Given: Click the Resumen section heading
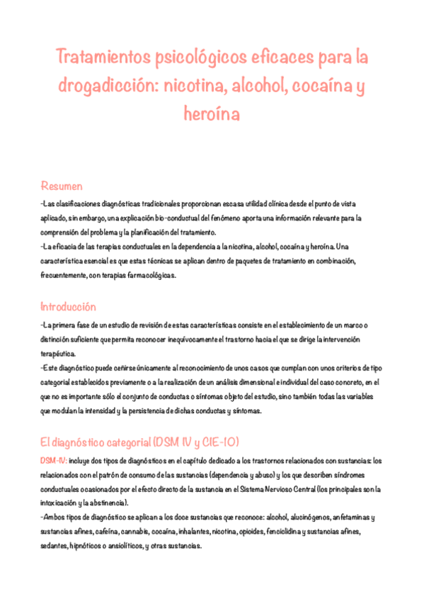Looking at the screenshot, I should point(62,186).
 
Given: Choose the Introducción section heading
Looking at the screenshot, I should point(68,307).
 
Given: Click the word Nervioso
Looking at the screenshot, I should point(307,489).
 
